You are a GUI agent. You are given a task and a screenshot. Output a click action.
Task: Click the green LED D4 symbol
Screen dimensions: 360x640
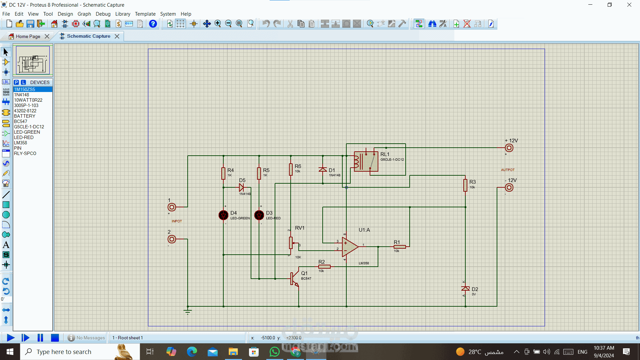(223, 215)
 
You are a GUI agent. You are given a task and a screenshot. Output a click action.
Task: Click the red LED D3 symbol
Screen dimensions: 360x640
(259, 215)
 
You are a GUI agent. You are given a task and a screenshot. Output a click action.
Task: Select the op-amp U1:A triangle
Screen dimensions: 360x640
(349, 247)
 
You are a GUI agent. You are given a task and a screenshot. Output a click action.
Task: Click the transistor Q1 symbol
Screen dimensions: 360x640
(294, 278)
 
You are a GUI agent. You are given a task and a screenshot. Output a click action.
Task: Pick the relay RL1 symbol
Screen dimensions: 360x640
(366, 162)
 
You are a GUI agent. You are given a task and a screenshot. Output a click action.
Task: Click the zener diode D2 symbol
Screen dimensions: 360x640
(465, 289)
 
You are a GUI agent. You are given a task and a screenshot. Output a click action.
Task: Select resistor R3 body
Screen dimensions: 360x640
(465, 185)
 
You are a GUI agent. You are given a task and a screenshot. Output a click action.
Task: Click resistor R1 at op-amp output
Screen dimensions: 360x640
(399, 247)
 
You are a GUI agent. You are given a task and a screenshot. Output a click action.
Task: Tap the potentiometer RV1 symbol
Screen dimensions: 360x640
(291, 243)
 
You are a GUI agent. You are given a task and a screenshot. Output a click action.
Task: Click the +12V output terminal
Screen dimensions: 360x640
(509, 148)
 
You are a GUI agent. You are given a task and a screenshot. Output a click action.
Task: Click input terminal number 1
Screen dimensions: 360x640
(172, 207)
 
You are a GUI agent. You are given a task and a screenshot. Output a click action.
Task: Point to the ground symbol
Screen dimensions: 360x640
(188, 312)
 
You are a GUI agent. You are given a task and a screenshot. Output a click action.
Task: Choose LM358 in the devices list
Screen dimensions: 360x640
(21, 143)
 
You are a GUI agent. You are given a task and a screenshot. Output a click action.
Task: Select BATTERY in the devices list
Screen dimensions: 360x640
(25, 116)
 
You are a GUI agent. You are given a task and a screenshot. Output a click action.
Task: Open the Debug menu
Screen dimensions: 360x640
(103, 14)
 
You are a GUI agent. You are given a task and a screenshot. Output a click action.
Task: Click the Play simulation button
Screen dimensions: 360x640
(11, 338)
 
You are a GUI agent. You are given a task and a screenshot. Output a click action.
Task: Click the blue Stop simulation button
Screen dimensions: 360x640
(55, 338)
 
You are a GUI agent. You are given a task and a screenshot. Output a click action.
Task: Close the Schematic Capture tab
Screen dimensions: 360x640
(117, 36)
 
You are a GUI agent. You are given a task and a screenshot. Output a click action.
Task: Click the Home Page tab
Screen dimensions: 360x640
(28, 36)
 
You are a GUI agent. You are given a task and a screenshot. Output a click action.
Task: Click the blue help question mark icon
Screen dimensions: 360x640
(153, 24)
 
